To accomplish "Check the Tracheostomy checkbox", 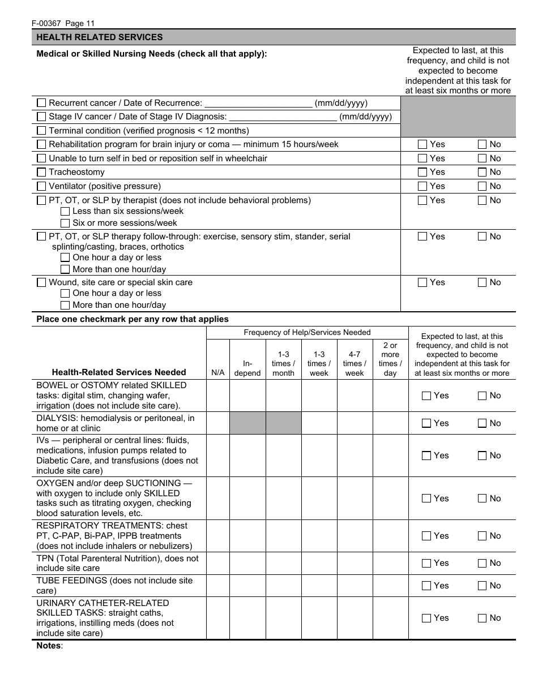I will click(41, 172).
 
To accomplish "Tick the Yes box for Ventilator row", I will click(422, 186).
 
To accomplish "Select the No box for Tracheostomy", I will click(482, 172).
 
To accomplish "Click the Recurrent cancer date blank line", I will click(258, 103).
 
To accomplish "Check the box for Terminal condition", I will click(41, 130).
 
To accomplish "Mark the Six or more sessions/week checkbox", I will click(65, 223).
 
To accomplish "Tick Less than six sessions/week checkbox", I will click(65, 211).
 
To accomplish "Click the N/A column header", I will click(217, 373).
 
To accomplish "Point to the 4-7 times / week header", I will click(355, 363).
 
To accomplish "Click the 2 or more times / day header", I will click(390, 359).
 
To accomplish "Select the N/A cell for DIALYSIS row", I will click(218, 423).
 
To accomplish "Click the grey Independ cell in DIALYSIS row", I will click(247, 423).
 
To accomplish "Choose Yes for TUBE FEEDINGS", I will click(426, 586).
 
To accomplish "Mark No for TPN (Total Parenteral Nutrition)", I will click(482, 563).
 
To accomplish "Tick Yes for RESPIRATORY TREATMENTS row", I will click(426, 536).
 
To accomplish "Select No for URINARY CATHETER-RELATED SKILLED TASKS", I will click(482, 618).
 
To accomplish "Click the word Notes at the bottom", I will click(49, 646).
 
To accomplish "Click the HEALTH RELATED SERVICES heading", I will click(100, 37).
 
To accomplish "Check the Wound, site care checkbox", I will click(41, 282).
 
